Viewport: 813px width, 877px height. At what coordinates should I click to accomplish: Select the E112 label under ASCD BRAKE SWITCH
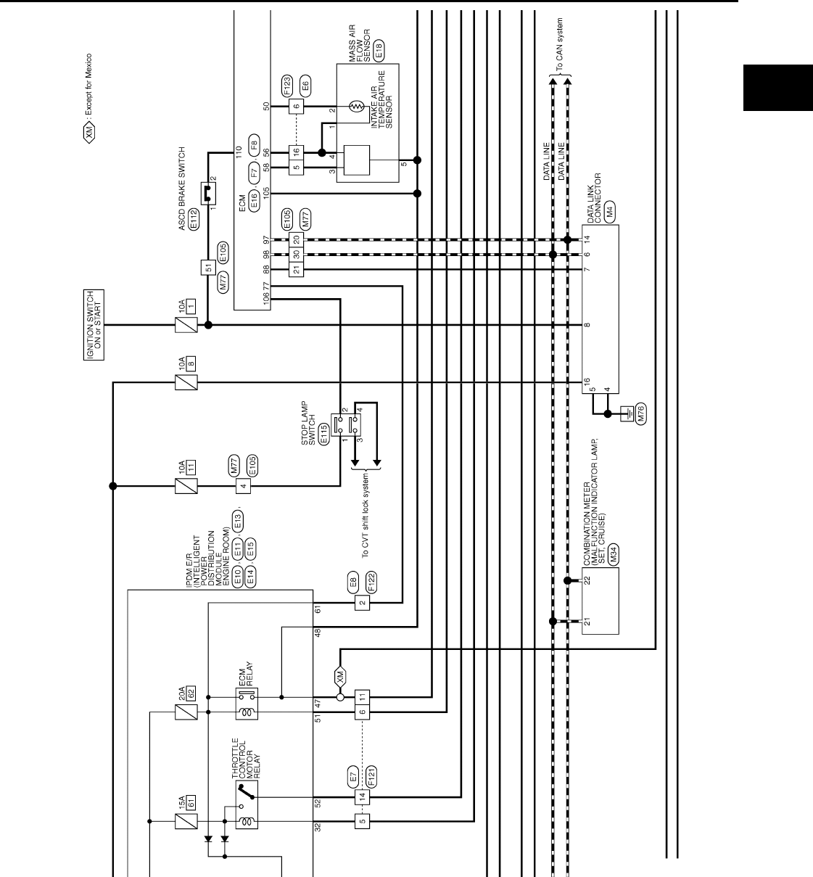click(194, 220)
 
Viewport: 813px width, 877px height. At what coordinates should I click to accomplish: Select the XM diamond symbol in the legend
click(88, 133)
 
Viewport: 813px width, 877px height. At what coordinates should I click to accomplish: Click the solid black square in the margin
click(777, 87)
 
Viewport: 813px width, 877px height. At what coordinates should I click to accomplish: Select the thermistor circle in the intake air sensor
click(355, 107)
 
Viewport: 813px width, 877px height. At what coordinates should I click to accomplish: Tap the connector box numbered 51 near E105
click(208, 268)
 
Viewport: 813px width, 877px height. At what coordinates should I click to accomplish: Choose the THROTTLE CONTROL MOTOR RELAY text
click(246, 757)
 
